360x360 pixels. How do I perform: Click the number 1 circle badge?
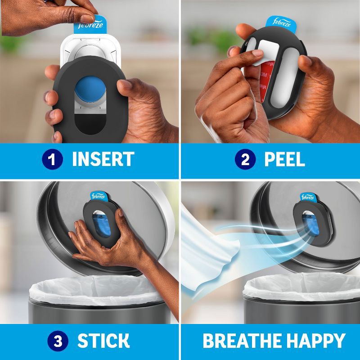(52, 159)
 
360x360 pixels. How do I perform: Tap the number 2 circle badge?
(245, 159)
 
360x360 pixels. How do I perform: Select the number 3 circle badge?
(58, 341)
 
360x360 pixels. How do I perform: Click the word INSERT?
(103, 159)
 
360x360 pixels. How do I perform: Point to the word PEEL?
(285, 159)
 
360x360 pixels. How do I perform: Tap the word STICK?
(103, 341)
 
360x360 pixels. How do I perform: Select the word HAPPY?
(313, 341)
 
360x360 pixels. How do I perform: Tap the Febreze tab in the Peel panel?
(281, 23)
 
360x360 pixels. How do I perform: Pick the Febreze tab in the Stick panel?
(98, 197)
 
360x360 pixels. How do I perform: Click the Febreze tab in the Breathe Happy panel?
(307, 198)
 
